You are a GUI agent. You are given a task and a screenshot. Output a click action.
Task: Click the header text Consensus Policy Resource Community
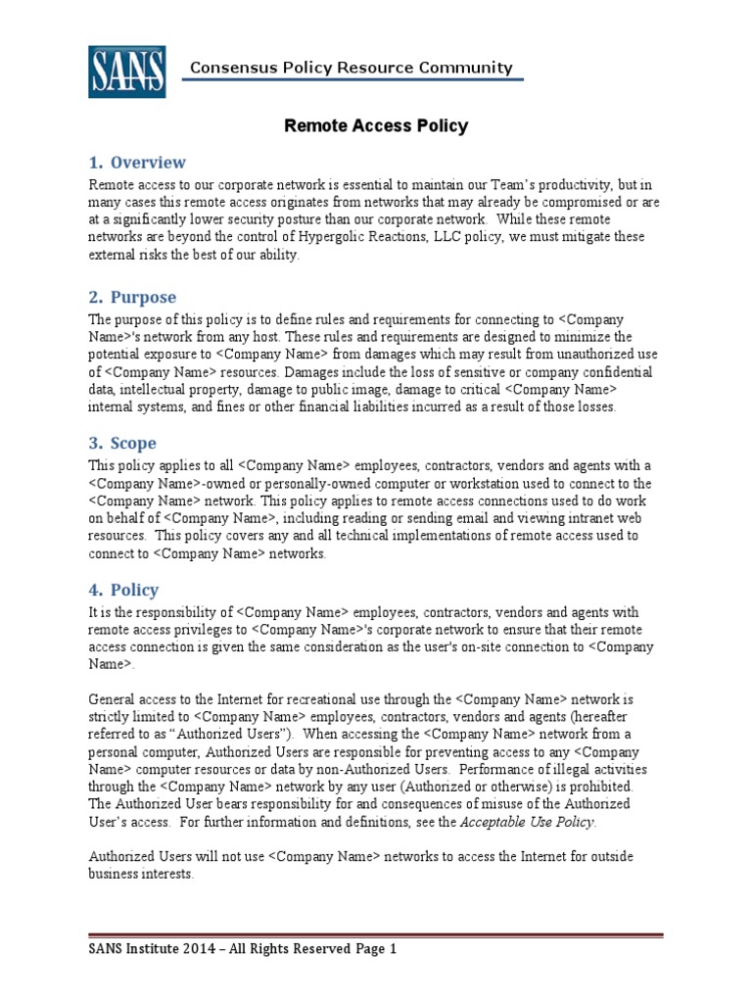351,68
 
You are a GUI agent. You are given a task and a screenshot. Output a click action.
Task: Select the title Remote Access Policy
375,126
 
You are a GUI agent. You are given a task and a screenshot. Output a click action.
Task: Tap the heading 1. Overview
137,163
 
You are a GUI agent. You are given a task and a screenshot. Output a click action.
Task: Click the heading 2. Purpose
132,297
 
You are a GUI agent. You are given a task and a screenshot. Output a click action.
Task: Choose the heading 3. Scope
123,443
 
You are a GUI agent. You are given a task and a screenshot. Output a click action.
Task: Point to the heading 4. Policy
123,590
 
